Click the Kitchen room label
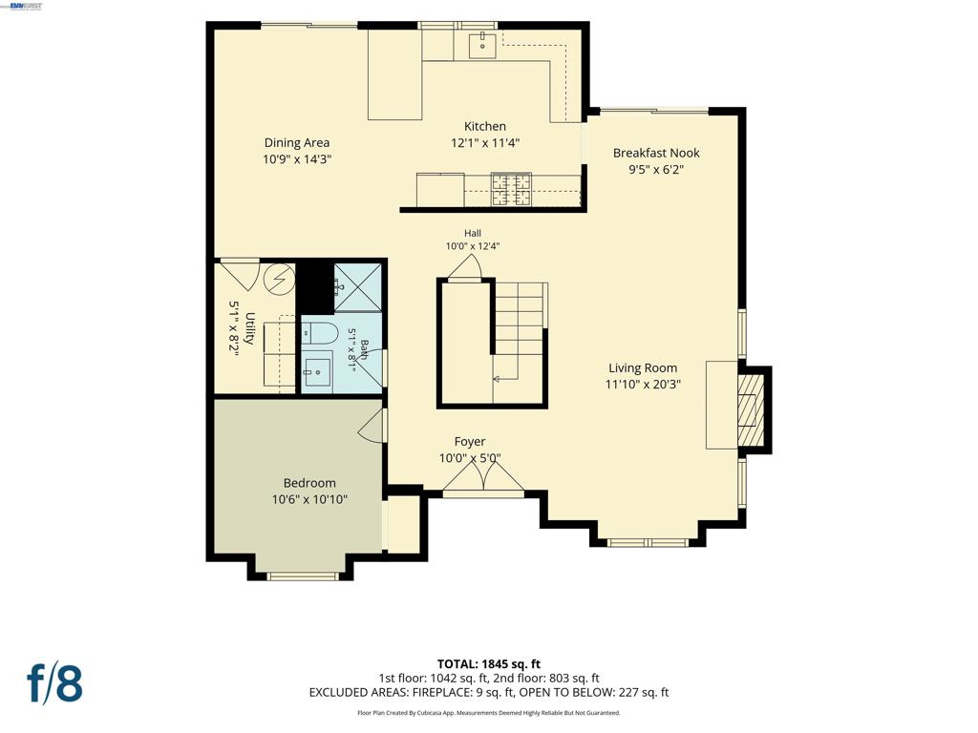pyautogui.click(x=484, y=127)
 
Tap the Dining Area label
pyautogui.click(x=297, y=143)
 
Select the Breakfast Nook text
pyautogui.click(x=656, y=153)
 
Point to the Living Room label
pyautogui.click(x=643, y=368)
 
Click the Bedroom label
pyautogui.click(x=309, y=483)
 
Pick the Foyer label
pyautogui.click(x=470, y=442)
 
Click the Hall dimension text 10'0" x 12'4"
pyautogui.click(x=472, y=246)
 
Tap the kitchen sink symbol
pyautogui.click(x=482, y=45)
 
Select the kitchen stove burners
pyautogui.click(x=512, y=190)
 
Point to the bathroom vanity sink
pyautogui.click(x=317, y=372)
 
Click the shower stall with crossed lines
pyautogui.click(x=357, y=287)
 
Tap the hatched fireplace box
pyautogui.click(x=751, y=409)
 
